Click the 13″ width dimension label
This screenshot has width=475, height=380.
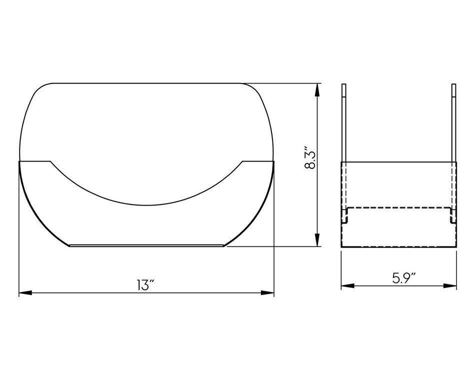[x=145, y=285]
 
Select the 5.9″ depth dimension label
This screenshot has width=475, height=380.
[x=404, y=278]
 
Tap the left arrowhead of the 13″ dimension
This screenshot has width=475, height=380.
[x=25, y=293]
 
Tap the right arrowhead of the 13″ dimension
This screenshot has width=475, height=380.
[x=267, y=293]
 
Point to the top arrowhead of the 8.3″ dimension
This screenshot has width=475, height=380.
[x=317, y=90]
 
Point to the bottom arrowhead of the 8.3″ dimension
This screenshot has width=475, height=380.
[x=317, y=239]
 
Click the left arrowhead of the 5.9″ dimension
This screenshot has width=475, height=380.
[x=348, y=285]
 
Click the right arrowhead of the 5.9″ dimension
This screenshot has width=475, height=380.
[x=450, y=285]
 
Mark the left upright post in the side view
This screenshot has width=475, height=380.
[x=344, y=122]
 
